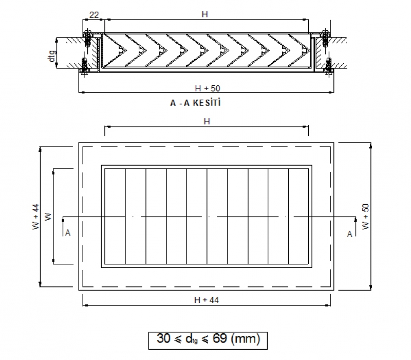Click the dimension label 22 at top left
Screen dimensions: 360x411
click(x=94, y=15)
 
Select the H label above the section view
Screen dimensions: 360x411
click(x=204, y=15)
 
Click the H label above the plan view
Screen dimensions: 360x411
click(x=207, y=122)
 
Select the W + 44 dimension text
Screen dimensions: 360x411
click(x=35, y=217)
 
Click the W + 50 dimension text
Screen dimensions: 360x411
click(x=365, y=217)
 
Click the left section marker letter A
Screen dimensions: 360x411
click(x=67, y=233)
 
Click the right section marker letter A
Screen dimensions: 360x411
click(x=349, y=234)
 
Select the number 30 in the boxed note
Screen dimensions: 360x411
click(x=163, y=339)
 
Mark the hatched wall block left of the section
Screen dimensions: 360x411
click(x=69, y=52)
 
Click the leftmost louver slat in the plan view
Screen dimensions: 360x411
click(x=115, y=217)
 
